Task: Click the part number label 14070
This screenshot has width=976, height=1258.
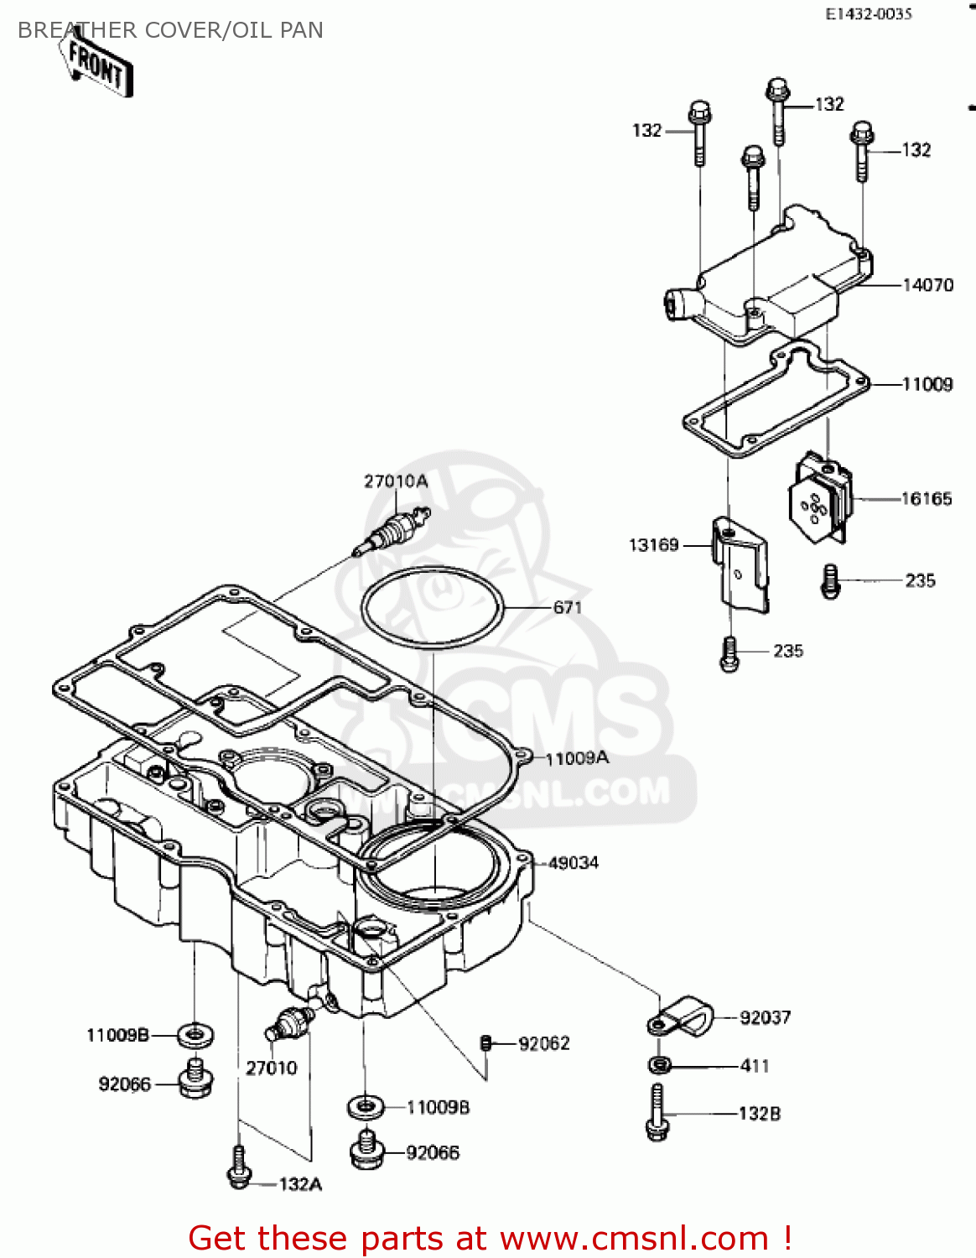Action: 927,285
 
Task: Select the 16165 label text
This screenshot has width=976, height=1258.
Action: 927,499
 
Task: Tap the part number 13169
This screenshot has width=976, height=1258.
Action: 653,545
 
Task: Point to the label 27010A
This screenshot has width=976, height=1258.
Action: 396,481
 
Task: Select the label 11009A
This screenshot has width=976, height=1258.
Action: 577,759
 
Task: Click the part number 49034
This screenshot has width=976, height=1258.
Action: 574,863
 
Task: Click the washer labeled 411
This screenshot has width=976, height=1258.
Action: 660,1065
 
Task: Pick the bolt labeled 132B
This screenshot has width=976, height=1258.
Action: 657,1112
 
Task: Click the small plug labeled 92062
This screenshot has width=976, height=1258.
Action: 485,1042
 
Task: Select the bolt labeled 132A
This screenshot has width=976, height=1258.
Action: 239,1167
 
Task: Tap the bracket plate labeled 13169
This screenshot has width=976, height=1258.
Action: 741,565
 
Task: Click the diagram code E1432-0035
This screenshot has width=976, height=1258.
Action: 868,14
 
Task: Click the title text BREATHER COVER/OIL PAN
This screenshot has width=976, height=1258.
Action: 170,30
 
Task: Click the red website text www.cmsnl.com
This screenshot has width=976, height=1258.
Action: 634,1238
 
